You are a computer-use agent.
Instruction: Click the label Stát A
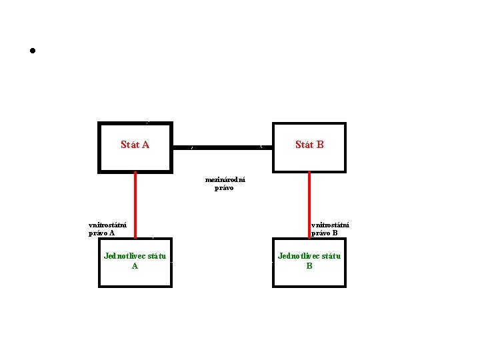click(135, 145)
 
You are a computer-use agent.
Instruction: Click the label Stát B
click(309, 145)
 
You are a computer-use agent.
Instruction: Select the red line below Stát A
click(135, 204)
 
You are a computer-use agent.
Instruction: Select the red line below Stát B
click(309, 204)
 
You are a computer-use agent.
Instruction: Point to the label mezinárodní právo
click(225, 183)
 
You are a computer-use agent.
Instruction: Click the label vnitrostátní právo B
click(330, 229)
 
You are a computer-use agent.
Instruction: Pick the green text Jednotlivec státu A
click(135, 260)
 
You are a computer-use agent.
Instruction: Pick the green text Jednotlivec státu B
click(309, 260)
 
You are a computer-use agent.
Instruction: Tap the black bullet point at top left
click(31, 51)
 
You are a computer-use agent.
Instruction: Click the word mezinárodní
click(225, 179)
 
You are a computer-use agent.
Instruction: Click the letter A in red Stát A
click(145, 145)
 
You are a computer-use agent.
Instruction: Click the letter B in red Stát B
click(320, 145)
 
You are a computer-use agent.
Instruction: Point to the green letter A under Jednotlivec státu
click(135, 265)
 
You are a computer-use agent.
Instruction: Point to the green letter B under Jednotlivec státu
click(309, 265)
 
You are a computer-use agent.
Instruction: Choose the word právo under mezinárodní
click(224, 188)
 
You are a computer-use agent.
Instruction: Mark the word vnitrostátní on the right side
click(330, 225)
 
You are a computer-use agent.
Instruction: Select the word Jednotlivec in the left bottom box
click(125, 255)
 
